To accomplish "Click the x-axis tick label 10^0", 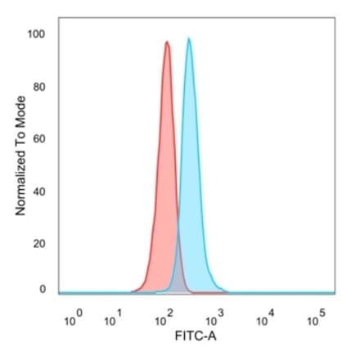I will (72, 317).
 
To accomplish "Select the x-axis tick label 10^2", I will (168, 317).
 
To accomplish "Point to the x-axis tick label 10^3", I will (216, 317).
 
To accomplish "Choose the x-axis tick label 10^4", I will (264, 317).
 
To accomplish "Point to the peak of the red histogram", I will (167, 43).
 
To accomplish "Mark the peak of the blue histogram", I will (189, 38).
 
